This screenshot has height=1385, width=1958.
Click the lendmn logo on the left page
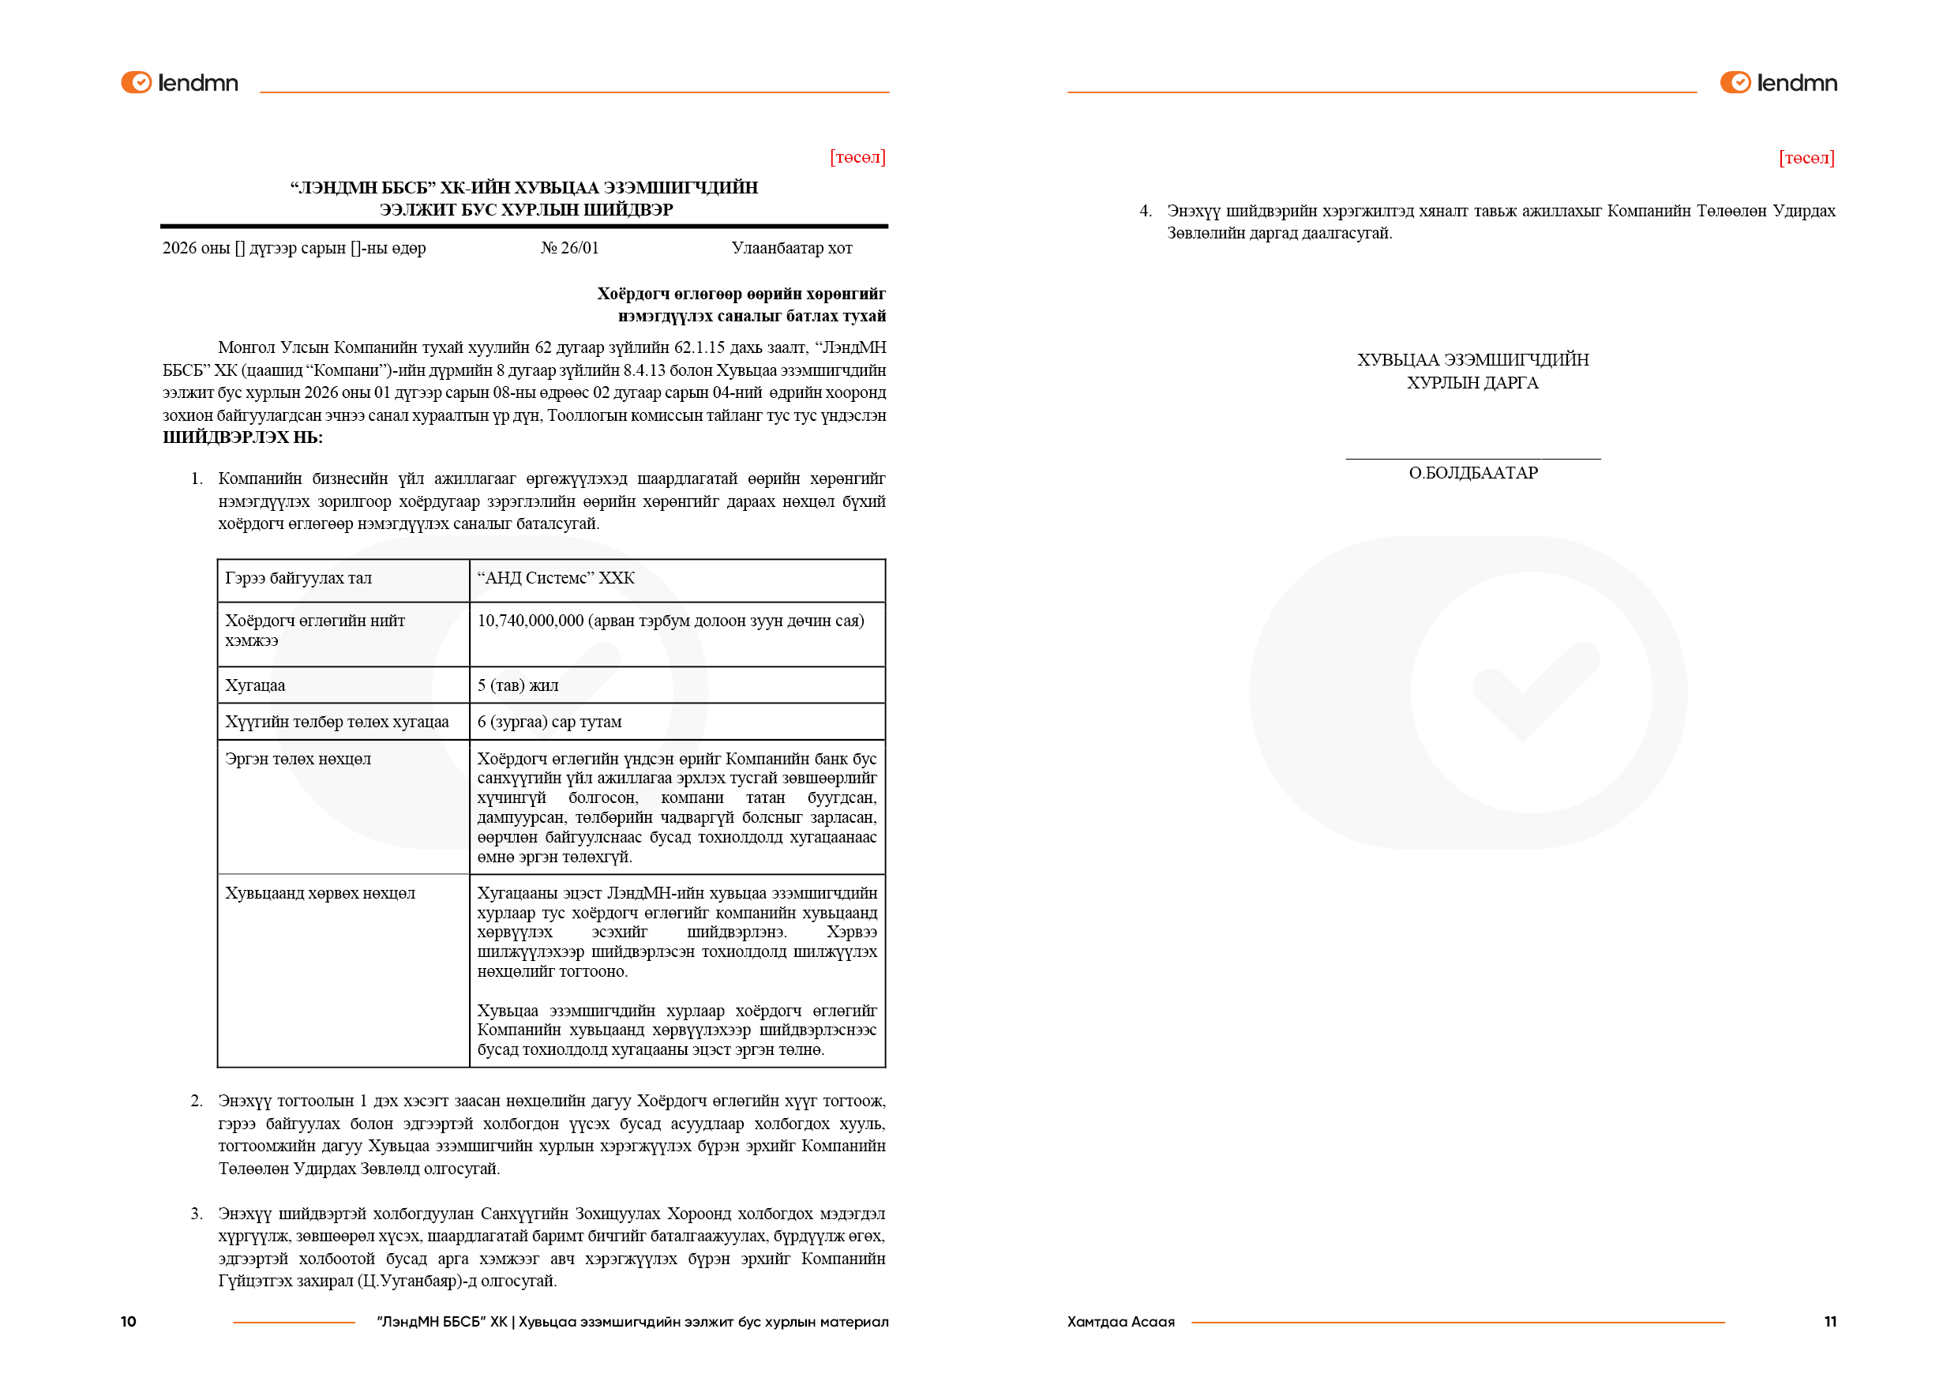click(x=179, y=83)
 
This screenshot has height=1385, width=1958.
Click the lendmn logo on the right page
click(x=1778, y=83)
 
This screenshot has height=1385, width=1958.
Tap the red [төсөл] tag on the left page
click(x=857, y=157)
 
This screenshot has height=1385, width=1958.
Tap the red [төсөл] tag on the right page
click(x=1806, y=158)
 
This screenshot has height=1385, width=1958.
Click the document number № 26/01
click(x=570, y=248)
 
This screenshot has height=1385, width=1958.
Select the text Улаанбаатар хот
click(x=791, y=248)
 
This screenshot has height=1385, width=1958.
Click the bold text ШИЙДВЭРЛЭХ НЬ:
click(x=243, y=437)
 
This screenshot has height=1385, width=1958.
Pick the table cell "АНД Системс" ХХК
click(x=556, y=578)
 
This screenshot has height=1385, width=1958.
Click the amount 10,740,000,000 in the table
click(x=531, y=621)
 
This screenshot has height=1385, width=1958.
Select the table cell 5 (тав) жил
click(x=518, y=685)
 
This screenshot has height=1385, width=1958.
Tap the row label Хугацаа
click(x=255, y=685)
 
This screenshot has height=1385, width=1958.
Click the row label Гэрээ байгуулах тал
click(x=298, y=578)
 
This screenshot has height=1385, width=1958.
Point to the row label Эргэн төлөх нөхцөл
click(x=298, y=759)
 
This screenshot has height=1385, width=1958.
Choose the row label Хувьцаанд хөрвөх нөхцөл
click(x=320, y=894)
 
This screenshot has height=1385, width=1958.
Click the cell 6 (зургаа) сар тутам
click(x=550, y=723)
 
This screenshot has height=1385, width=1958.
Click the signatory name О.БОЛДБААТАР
click(x=1472, y=473)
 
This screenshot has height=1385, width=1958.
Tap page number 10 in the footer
click(x=128, y=1322)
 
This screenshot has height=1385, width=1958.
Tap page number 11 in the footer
click(x=1830, y=1322)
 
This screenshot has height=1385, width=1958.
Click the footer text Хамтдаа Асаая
click(x=1120, y=1322)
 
